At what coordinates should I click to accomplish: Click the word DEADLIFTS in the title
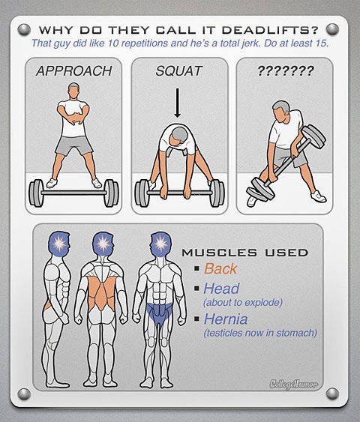click(x=270, y=29)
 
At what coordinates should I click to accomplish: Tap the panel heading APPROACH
click(x=73, y=71)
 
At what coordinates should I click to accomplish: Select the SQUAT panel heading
click(x=178, y=71)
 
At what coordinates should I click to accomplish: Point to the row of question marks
click(x=286, y=70)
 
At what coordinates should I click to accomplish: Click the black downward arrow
click(x=177, y=103)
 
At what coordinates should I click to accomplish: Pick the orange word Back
click(x=220, y=268)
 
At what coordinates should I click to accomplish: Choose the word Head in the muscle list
click(x=221, y=289)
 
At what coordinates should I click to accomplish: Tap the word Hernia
click(x=226, y=319)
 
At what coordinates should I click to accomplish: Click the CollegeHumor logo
click(x=294, y=384)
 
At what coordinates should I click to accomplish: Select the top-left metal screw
click(x=24, y=29)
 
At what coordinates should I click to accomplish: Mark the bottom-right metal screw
click(x=332, y=394)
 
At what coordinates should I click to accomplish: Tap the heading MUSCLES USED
click(x=245, y=253)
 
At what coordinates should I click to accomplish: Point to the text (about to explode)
click(x=243, y=303)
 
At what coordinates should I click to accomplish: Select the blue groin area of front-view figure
click(x=160, y=313)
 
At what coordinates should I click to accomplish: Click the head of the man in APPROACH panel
click(x=73, y=91)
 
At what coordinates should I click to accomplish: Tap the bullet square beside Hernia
click(x=196, y=319)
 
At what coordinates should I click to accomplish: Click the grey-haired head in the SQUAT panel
click(x=178, y=136)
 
